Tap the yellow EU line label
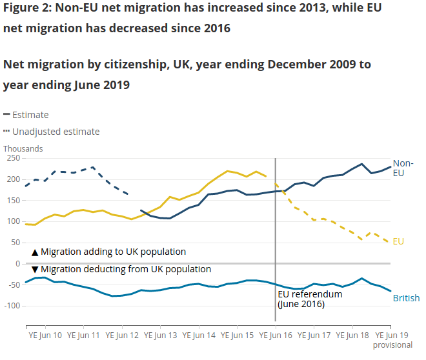coord(398,241)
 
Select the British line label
coord(406,298)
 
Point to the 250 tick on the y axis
coord(12,158)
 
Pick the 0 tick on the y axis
coord(17,263)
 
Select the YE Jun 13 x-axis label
coord(161,335)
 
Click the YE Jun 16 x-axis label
coord(276,335)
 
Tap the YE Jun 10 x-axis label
coord(45,335)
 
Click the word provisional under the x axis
coord(392,345)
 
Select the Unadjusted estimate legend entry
coord(56,132)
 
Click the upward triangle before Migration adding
coord(35,252)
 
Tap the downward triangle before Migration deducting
coord(35,269)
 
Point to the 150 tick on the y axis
coord(12,200)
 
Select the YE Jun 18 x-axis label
coord(352,335)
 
